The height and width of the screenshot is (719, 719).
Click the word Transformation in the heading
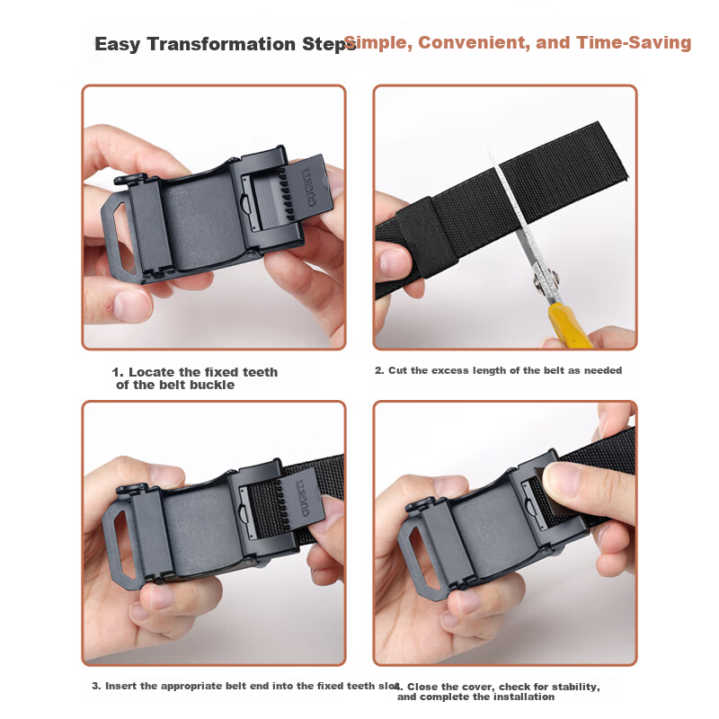221,44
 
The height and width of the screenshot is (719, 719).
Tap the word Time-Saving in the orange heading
634,42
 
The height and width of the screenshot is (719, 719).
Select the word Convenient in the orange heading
474,42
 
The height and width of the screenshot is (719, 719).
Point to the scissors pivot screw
546,280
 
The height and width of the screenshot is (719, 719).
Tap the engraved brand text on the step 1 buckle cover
310,187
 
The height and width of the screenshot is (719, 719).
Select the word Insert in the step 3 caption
121,686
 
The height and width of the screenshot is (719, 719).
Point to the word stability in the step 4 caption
574,687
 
